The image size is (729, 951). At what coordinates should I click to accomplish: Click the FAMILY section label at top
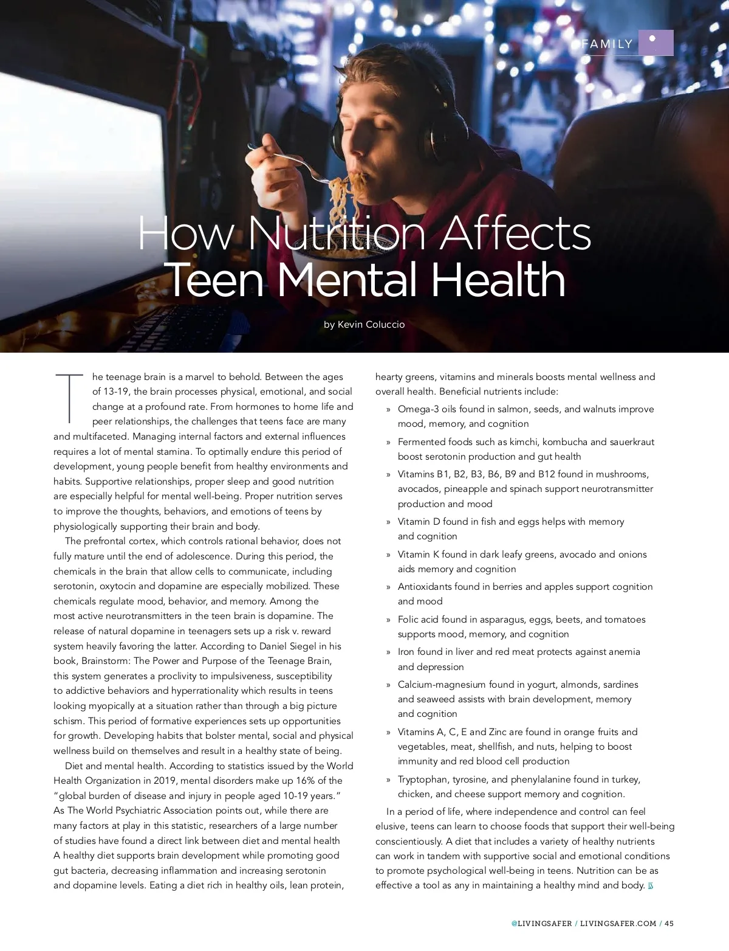tap(607, 44)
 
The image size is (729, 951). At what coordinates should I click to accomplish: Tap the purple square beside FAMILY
tap(655, 43)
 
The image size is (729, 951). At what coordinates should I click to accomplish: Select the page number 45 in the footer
tap(669, 923)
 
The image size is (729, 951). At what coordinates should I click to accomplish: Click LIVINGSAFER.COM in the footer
tap(618, 923)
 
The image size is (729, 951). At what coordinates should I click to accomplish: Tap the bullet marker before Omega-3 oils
tap(388, 410)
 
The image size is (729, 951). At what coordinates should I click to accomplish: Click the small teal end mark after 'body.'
tap(650, 885)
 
